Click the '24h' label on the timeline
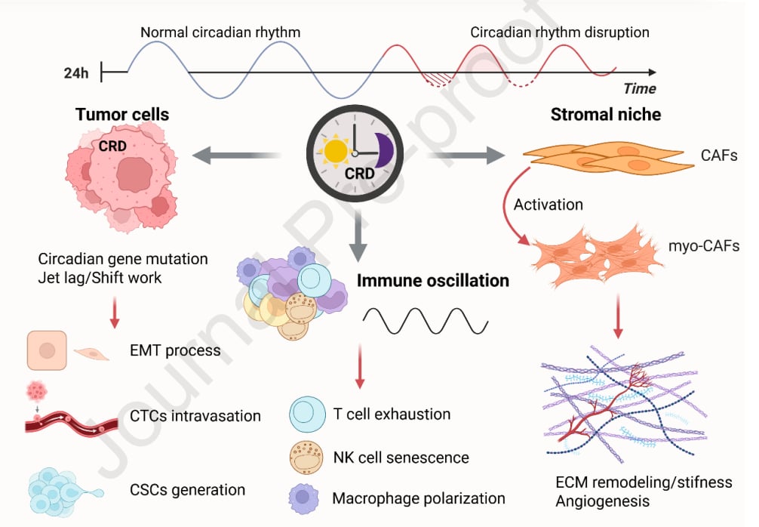(77, 73)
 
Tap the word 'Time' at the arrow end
(639, 88)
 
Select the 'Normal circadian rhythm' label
(220, 32)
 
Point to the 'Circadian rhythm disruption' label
(559, 32)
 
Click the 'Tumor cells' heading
(121, 115)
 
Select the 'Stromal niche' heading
(605, 115)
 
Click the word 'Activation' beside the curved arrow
(548, 205)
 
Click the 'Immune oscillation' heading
(432, 281)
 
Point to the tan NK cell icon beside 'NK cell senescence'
(306, 457)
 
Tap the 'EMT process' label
(175, 350)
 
